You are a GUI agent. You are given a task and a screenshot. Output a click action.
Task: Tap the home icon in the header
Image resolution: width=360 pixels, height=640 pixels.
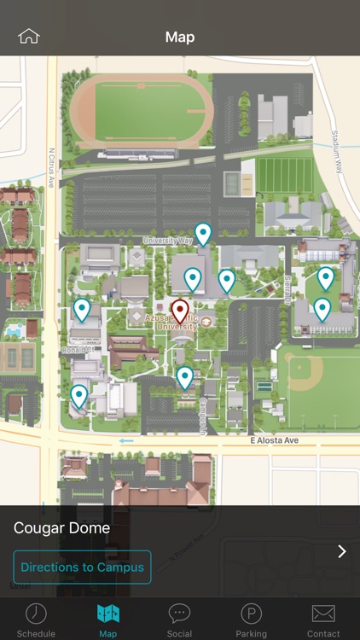29,36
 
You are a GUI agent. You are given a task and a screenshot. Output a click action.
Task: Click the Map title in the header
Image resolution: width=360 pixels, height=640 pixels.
180,37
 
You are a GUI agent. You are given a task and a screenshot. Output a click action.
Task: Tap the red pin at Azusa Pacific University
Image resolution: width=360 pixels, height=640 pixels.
180,311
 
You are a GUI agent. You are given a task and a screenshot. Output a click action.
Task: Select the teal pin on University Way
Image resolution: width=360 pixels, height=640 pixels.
203,233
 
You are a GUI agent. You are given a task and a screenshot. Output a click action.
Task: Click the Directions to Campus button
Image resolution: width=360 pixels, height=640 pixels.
82,567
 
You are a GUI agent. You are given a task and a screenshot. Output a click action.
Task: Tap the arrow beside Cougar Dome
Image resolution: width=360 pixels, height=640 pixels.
341,551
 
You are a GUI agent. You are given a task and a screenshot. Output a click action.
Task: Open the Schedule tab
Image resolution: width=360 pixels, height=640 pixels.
36,620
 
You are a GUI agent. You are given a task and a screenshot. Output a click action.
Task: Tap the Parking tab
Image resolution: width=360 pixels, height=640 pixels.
251,620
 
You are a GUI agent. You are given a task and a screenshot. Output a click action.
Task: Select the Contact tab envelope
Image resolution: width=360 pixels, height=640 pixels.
323,620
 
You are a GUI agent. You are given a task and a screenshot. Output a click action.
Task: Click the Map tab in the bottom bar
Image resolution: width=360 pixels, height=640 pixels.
107,620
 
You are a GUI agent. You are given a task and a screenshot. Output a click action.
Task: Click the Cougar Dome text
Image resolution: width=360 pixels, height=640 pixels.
61,528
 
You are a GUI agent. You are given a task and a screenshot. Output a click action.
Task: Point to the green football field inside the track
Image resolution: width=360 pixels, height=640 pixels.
142,113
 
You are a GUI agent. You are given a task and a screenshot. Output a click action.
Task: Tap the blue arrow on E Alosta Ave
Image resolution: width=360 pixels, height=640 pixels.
126,441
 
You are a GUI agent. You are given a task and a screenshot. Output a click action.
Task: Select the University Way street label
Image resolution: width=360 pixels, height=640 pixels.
166,241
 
